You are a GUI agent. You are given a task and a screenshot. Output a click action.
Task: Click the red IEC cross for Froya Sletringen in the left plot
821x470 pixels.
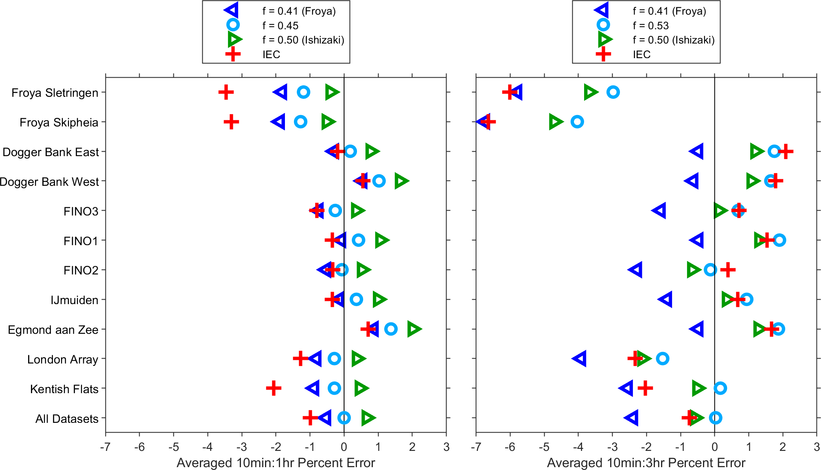tap(226, 92)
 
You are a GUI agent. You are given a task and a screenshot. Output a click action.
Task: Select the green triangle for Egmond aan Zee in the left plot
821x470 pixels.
tap(414, 329)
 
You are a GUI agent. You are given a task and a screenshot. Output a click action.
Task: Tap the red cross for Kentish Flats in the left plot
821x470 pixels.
tap(274, 388)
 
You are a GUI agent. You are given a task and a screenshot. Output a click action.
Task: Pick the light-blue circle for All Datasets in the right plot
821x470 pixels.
tap(715, 418)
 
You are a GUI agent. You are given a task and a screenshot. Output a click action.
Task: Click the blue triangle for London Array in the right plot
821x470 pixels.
tap(580, 359)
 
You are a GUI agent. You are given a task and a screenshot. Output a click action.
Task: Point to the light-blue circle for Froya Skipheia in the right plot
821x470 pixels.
tap(577, 122)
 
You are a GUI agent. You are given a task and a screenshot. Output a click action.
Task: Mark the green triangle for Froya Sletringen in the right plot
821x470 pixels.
tap(590, 92)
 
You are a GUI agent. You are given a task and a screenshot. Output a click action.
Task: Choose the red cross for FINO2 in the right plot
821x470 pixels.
tap(728, 270)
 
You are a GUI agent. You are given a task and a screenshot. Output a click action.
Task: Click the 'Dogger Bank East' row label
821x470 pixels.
tap(51, 152)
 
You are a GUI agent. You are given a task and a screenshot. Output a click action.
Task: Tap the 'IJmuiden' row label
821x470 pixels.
tap(74, 300)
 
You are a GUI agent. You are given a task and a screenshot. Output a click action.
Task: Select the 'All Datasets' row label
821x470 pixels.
tap(67, 419)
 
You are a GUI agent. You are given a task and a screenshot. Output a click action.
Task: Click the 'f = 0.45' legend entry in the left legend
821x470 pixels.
tap(280, 26)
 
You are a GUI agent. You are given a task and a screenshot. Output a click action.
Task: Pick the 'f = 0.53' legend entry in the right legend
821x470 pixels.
tap(651, 26)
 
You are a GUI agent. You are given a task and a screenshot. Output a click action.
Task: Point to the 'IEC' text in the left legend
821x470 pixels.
tap(271, 54)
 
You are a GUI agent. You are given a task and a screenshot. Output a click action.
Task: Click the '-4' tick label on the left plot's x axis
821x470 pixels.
tap(208, 447)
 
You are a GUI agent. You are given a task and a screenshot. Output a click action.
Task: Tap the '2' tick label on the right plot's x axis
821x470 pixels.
tap(782, 447)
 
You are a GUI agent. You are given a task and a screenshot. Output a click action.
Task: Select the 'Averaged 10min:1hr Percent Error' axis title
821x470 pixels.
tap(276, 463)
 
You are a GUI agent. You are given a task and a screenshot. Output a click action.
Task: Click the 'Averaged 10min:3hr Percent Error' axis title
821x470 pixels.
tap(646, 463)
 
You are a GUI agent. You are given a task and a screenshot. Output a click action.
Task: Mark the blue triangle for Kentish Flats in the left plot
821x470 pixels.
tap(313, 388)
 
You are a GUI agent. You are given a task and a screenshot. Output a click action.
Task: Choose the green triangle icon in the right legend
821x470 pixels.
tap(604, 39)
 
